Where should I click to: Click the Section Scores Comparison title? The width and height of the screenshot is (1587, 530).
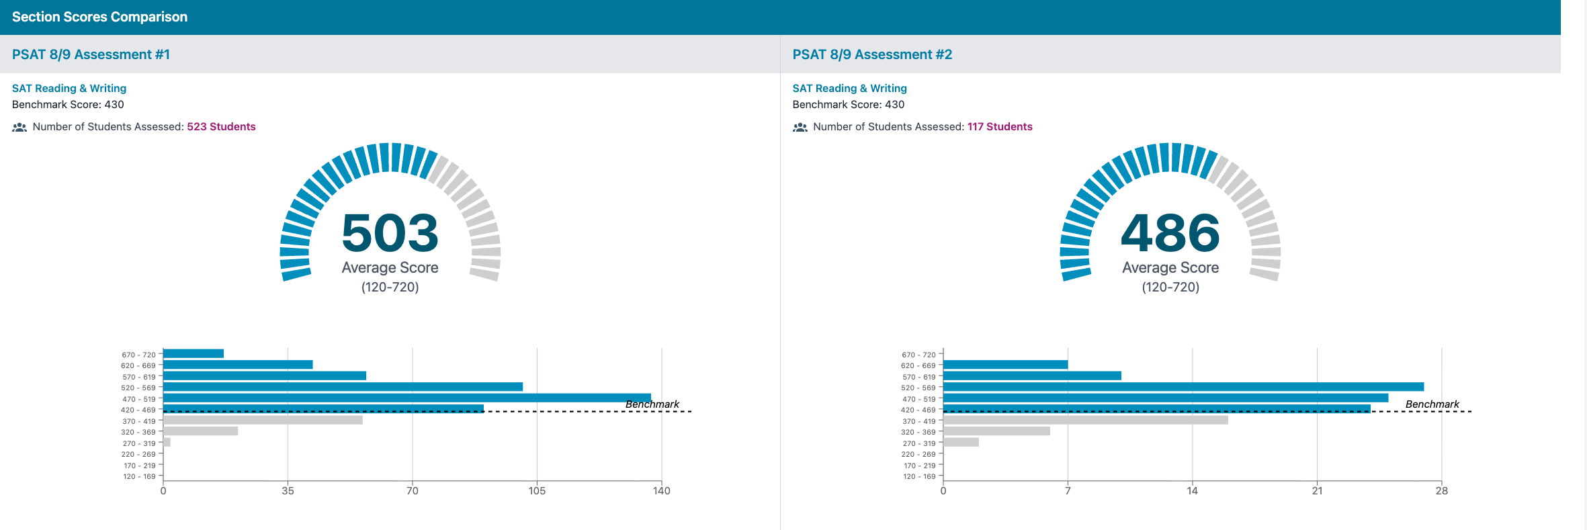[x=99, y=17]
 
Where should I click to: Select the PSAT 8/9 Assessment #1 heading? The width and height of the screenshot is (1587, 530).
[x=91, y=54]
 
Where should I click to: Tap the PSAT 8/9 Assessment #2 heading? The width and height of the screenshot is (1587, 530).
[x=872, y=54]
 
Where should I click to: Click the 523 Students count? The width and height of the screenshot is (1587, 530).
[x=221, y=127]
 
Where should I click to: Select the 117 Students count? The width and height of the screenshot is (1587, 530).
[x=1000, y=127]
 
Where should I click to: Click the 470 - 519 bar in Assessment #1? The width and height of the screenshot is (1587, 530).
[x=406, y=398]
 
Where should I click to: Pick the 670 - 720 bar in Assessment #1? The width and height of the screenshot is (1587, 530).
[x=194, y=353]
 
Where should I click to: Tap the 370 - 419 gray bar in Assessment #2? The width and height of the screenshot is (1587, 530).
[x=1085, y=420]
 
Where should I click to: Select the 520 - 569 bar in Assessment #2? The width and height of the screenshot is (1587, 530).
[x=1183, y=387]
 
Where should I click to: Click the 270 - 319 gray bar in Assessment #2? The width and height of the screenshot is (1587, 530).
[x=961, y=442]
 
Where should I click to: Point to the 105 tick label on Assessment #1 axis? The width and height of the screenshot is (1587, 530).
[x=537, y=491]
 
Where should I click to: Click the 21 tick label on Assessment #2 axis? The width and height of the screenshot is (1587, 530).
[x=1317, y=491]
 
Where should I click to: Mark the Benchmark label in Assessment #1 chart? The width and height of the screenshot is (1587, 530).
[x=652, y=404]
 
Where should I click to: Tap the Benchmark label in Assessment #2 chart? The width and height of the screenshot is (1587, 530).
[x=1432, y=404]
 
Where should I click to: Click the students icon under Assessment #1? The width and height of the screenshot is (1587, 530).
[x=19, y=127]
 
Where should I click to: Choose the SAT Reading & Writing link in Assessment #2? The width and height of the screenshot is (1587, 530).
[x=849, y=88]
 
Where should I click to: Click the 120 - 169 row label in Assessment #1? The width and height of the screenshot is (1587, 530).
[x=139, y=476]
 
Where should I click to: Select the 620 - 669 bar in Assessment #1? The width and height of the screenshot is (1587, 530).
[x=238, y=365]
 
